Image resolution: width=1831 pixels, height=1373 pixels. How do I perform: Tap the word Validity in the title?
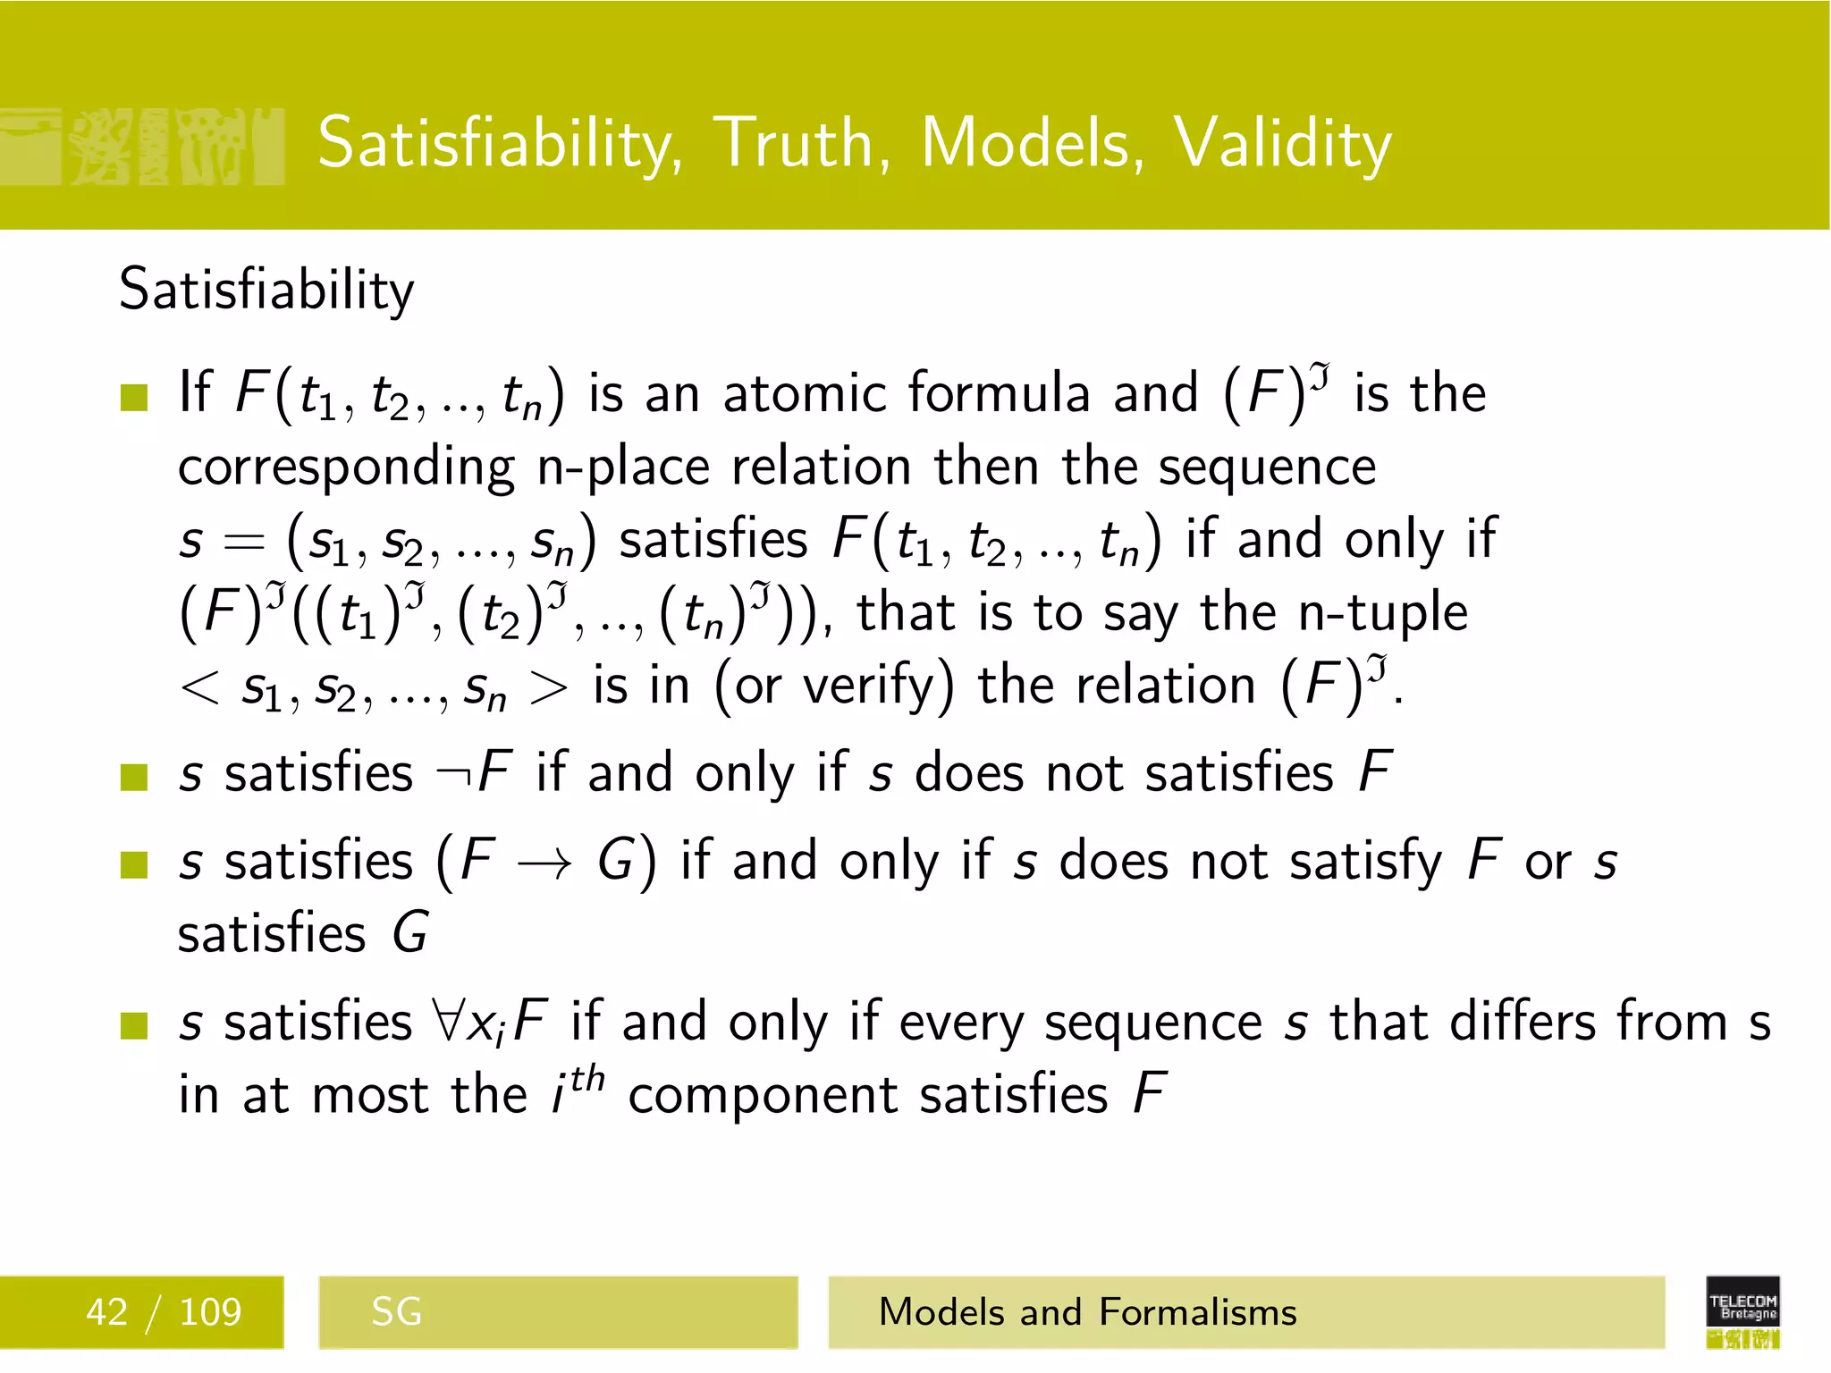[x=1282, y=145]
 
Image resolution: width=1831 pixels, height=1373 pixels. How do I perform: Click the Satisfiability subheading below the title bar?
[x=266, y=290]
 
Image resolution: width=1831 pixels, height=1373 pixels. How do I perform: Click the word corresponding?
[x=346, y=467]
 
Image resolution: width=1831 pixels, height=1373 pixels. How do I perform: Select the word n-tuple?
[x=1382, y=613]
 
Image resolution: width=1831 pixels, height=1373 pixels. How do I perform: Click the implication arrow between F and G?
[x=545, y=863]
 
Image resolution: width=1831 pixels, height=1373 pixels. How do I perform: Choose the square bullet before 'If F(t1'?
[x=134, y=397]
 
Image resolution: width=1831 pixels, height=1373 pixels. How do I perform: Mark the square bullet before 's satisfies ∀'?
[x=134, y=1025]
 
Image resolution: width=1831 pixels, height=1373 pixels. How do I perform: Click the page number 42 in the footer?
[x=106, y=1312]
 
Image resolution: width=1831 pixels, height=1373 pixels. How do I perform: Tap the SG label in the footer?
[x=396, y=1312]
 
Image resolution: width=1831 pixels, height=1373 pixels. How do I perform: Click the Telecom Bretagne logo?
[x=1742, y=1310]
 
